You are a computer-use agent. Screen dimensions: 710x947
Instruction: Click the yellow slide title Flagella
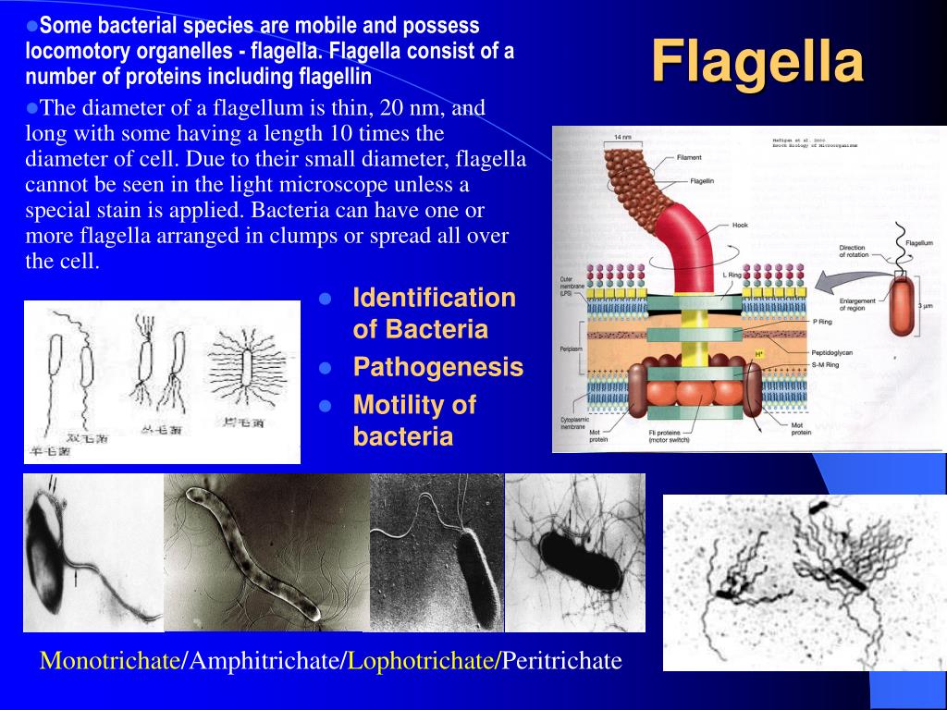tap(757, 63)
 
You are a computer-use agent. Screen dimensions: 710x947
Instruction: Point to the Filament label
tap(689, 157)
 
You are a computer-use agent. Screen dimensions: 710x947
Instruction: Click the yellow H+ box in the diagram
tap(759, 354)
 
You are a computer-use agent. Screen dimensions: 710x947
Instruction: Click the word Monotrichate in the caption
tap(110, 661)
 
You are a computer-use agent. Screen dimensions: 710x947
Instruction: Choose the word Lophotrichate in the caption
tap(421, 661)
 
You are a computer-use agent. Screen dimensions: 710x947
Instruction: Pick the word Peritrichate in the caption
tap(561, 661)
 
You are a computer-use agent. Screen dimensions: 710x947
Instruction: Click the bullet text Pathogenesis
tap(438, 368)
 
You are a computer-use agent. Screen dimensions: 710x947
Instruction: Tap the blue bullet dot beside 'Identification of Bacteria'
tap(325, 300)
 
